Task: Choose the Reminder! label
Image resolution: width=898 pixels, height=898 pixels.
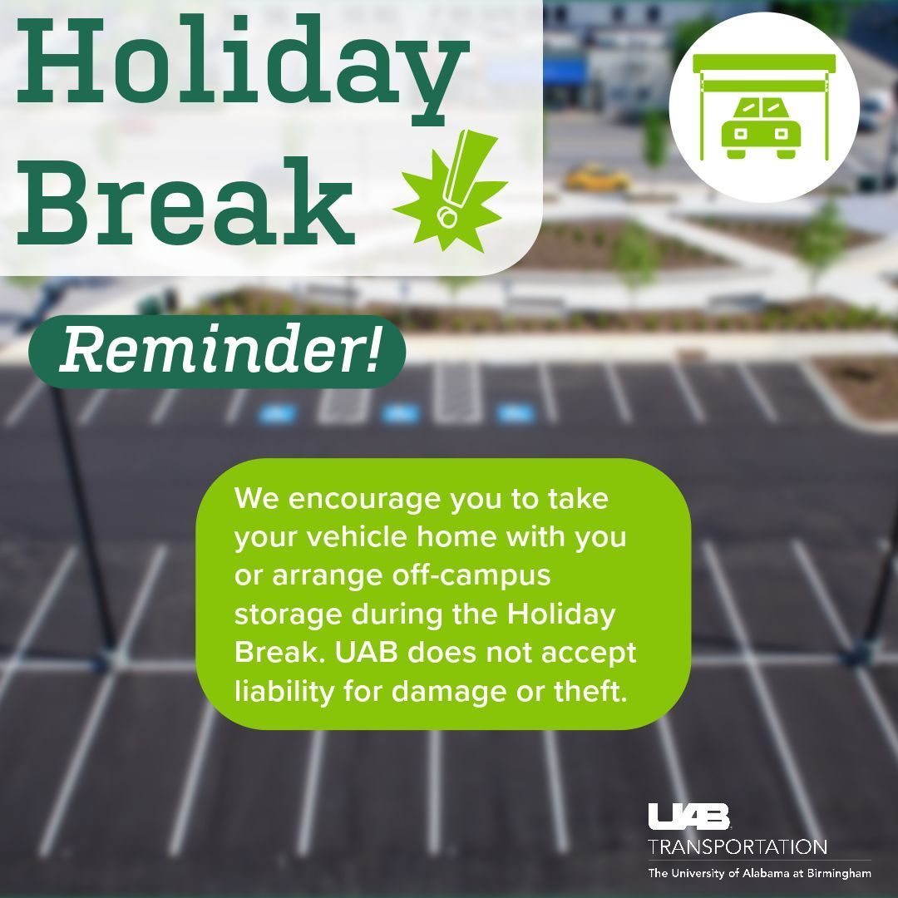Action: (x=218, y=351)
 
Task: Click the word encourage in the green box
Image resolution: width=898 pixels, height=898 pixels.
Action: (x=363, y=501)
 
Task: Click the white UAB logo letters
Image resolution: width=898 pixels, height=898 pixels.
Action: (x=688, y=817)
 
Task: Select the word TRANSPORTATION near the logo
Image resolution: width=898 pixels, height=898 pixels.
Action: (x=738, y=847)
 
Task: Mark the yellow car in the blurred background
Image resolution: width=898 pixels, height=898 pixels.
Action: (x=597, y=177)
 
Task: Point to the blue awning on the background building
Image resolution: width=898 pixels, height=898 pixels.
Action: (x=565, y=72)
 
